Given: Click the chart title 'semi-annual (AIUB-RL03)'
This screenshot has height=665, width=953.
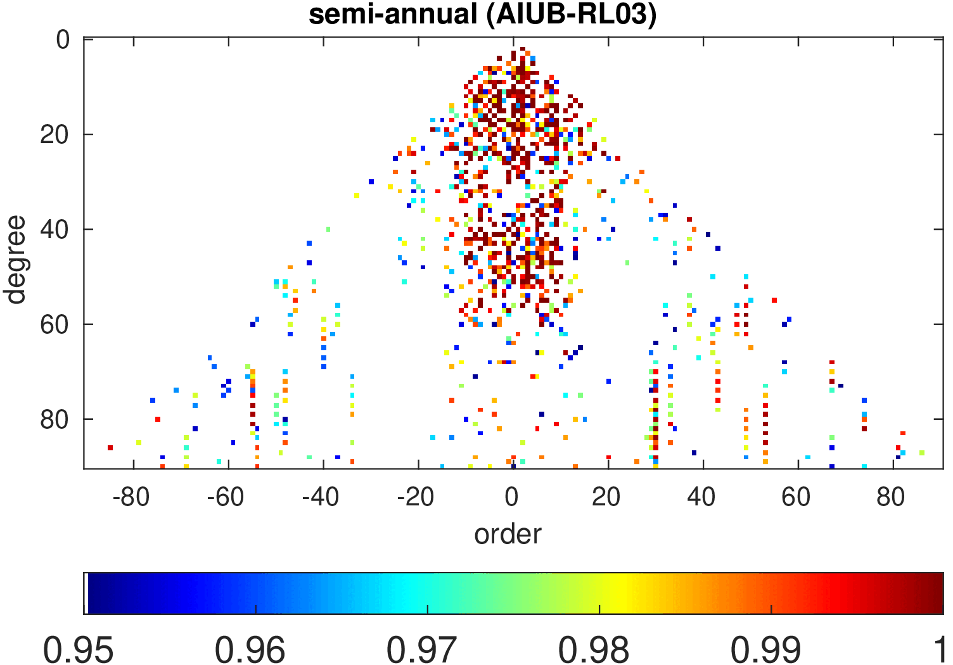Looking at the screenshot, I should (x=482, y=15).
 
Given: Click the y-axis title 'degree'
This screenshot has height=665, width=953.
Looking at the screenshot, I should (x=15, y=260).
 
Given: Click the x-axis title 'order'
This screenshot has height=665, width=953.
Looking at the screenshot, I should (x=508, y=534).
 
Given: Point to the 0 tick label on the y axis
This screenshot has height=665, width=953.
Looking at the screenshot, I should (x=63, y=40).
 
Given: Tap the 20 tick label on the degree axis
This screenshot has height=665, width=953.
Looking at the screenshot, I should (x=54, y=135).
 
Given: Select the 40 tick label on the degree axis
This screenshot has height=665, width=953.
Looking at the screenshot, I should (x=54, y=230).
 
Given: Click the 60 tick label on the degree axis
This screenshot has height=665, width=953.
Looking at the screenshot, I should (x=54, y=325).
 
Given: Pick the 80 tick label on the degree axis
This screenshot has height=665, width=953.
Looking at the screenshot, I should (x=54, y=420).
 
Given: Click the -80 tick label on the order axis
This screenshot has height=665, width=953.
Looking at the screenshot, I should (x=131, y=498).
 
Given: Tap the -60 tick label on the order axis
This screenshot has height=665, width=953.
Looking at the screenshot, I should (x=226, y=498).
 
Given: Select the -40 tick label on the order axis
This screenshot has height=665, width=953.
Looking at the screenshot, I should (x=321, y=498).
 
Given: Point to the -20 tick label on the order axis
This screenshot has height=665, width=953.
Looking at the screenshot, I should (x=416, y=498).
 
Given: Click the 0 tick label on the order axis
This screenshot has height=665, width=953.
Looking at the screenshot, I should (x=512, y=498).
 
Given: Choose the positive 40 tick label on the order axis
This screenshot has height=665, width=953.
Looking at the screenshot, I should (x=701, y=498).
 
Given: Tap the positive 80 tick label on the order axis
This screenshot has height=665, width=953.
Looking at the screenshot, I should (x=892, y=498).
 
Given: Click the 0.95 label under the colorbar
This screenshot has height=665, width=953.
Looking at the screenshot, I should (x=79, y=650).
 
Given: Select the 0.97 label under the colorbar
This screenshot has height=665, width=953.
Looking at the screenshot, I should (x=423, y=650).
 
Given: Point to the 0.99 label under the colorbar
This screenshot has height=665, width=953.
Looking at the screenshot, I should (x=766, y=650).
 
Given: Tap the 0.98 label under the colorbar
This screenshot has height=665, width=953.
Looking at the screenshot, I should (x=594, y=650).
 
